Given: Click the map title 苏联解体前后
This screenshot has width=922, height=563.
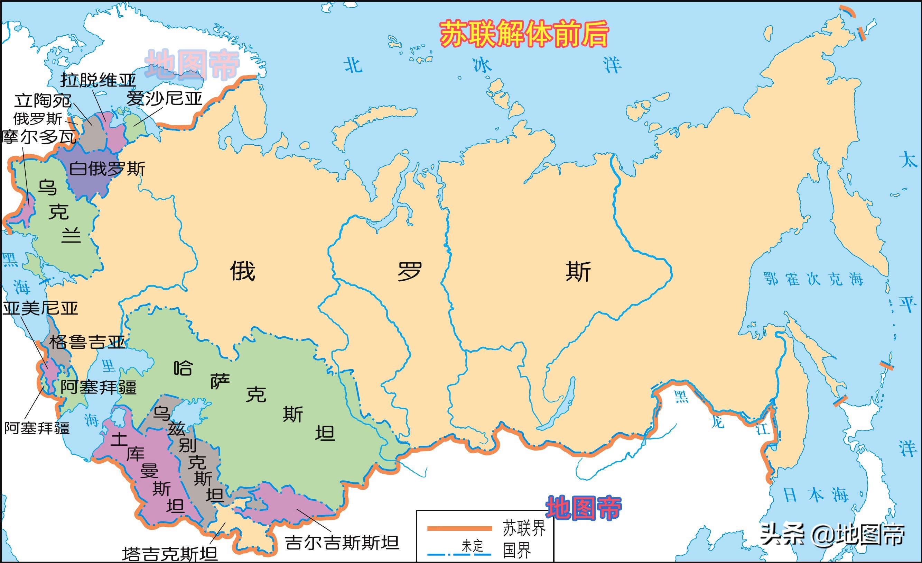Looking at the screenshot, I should tap(524, 35).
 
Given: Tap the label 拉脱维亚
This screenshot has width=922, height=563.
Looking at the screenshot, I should tap(98, 80).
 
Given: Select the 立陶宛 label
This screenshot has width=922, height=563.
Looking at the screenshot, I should tap(43, 100).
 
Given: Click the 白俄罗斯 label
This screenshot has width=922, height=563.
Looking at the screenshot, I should tap(107, 169).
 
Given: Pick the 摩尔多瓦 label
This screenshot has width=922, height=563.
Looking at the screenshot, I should tap(39, 137).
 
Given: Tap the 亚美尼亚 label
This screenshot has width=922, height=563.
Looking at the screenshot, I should tap(40, 308).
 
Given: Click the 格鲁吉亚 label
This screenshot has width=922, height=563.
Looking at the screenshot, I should tap(87, 342).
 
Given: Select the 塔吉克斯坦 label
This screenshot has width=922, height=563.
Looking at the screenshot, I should tap(169, 554).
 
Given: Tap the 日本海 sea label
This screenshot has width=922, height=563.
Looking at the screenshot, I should tap(816, 495).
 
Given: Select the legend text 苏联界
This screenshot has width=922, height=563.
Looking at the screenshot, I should tap(523, 528).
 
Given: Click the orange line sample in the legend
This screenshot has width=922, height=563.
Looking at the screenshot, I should tap(459, 528).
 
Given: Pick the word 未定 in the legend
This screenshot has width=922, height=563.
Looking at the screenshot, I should tap(472, 546).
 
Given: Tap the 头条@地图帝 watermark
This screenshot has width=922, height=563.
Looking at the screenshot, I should tap(832, 534).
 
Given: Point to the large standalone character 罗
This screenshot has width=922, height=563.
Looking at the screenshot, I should tap(409, 272).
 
